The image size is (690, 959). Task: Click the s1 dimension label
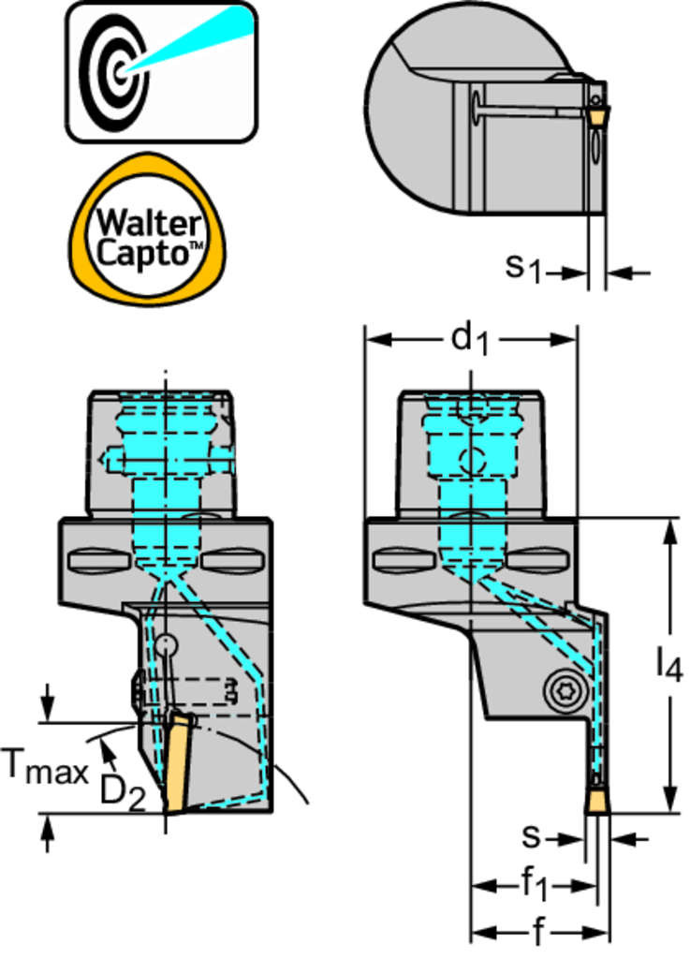pyautogui.click(x=524, y=269)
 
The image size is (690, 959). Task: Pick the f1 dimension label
pyautogui.click(x=535, y=883)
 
